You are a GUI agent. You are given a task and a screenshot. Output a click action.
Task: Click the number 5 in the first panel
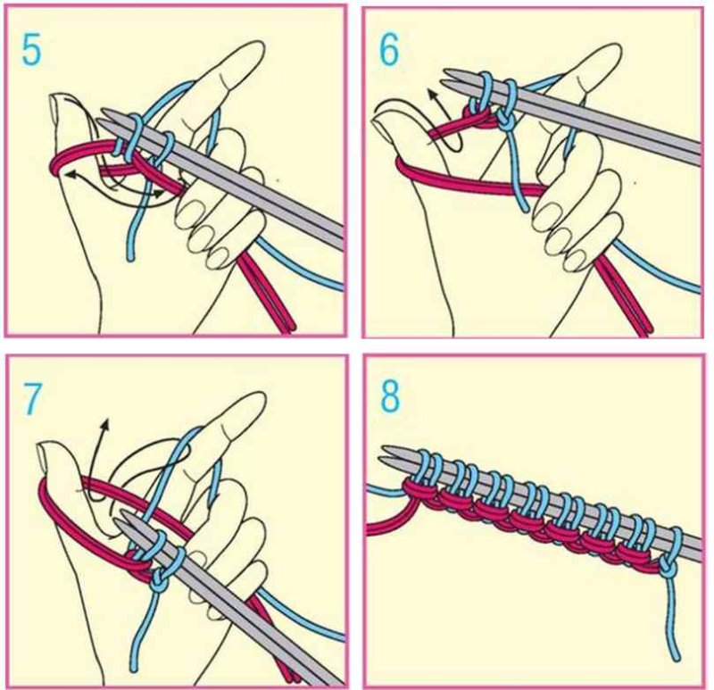(31, 51)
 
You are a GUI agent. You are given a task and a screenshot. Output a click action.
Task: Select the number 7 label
(32, 399)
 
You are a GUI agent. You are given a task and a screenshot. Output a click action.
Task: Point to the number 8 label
(390, 396)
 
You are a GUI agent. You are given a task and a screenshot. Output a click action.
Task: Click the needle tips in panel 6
(452, 78)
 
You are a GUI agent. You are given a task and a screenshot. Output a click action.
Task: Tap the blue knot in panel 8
(666, 568)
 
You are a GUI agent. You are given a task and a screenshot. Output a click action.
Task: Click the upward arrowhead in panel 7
(105, 424)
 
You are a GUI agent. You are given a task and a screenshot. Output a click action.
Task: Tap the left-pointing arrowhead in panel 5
(71, 174)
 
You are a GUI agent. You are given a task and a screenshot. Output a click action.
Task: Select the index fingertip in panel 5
(252, 51)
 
